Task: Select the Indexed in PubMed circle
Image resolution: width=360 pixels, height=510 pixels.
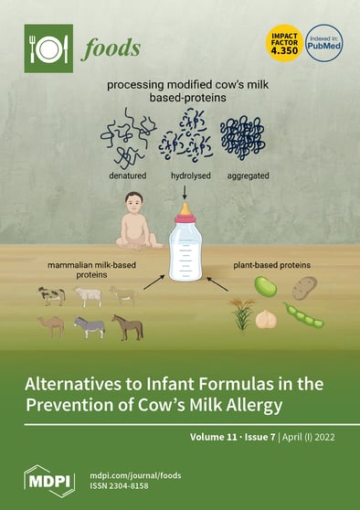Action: (x=324, y=43)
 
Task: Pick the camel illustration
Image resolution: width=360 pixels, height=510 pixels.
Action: (x=51, y=325)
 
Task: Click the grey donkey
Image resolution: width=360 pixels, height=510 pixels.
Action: (x=90, y=326)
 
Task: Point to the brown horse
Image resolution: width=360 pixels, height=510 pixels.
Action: (x=127, y=325)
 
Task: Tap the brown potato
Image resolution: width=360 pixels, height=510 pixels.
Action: (x=304, y=289)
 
